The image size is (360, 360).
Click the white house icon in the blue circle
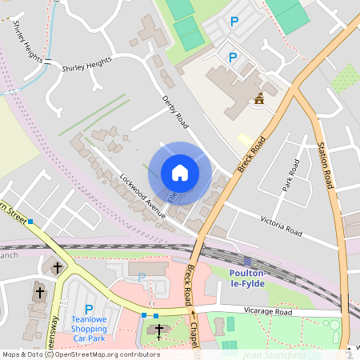point(180,173)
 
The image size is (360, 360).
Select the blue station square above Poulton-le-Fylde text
point(247,262)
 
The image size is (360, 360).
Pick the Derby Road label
point(174,110)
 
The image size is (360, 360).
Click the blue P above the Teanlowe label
point(89,308)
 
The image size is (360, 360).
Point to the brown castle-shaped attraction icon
point(258,99)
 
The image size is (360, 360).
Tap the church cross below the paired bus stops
point(158,330)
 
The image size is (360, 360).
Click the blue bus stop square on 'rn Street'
point(30,221)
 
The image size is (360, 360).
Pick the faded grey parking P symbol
point(142,277)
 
